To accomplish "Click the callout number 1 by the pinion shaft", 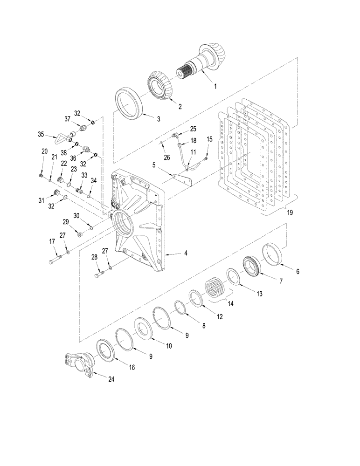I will tap(215, 86).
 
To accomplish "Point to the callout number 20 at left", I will tap(44, 151).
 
